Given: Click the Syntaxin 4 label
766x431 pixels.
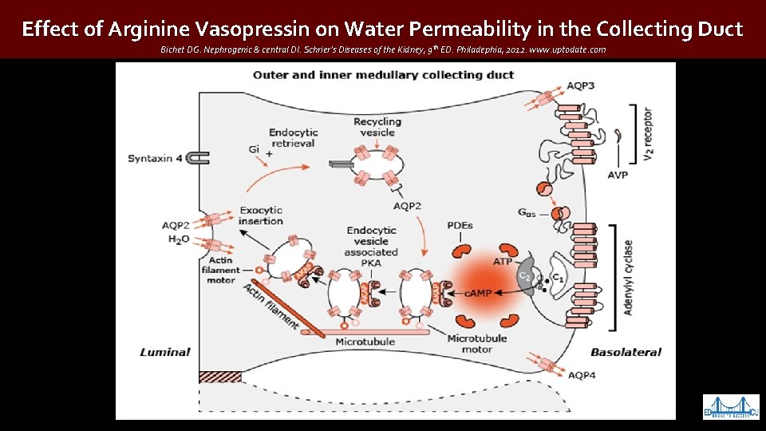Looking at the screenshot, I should coord(156,158).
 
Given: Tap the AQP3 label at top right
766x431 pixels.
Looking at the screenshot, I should coord(580,85).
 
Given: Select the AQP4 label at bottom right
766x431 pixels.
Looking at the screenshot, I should coord(580,374).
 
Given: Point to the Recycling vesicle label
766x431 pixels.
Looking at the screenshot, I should coord(377,127).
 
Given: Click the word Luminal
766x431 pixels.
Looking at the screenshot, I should coord(165,351).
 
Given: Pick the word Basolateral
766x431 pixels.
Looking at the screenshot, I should coord(626,351).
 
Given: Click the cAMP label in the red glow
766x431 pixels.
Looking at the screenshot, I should coord(479,293).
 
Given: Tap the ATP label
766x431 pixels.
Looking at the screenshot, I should coord(503,261).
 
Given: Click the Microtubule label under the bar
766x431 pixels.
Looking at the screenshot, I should coord(365,342).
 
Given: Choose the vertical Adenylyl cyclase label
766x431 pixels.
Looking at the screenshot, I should coord(629,277).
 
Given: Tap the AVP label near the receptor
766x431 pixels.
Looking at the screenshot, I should coord(617,175).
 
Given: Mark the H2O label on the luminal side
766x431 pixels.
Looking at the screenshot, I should coord(178,238).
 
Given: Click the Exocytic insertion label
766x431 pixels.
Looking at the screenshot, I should coord(261,215).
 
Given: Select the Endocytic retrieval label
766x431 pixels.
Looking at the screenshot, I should coord(292,137).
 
